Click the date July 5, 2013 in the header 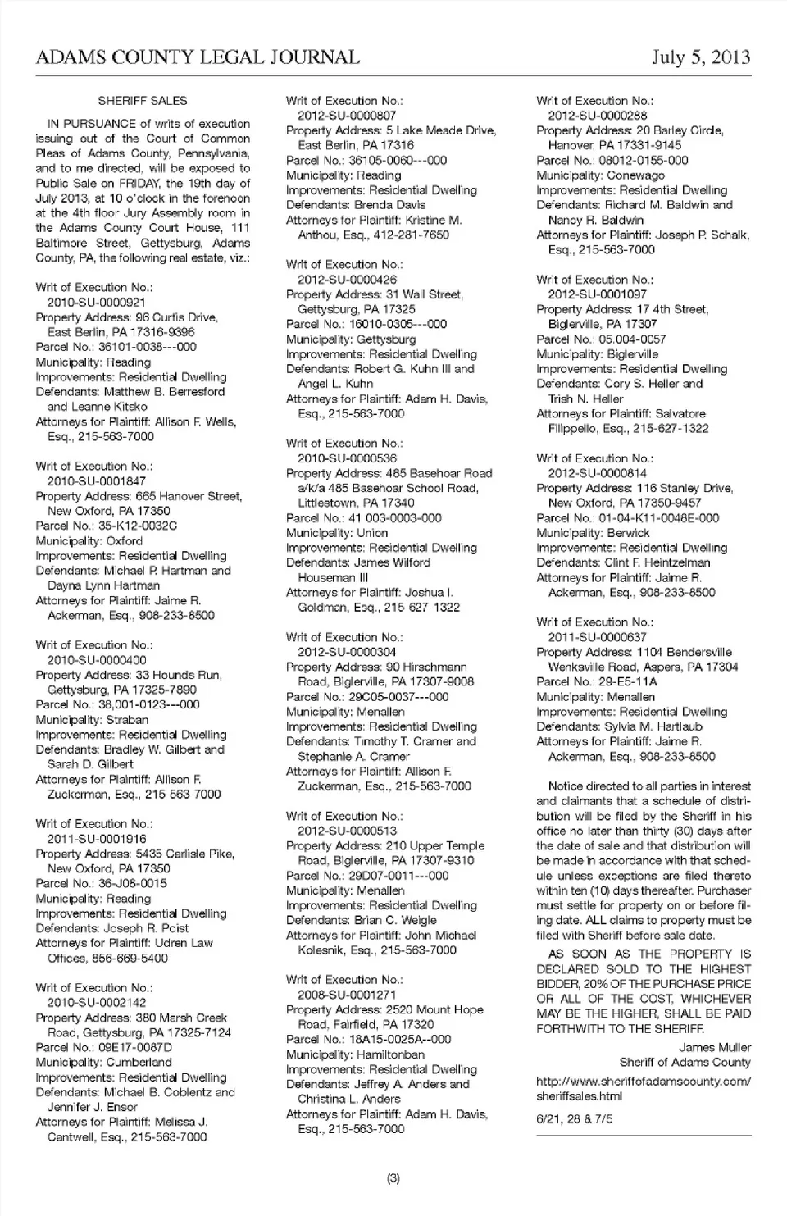pos(701,57)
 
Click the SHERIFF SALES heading pos(143,101)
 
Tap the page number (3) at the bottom pos(393,1178)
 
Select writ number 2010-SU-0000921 pos(96,303)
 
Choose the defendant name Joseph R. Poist pos(146,928)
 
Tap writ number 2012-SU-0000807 pos(347,116)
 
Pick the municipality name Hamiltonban pos(390,1054)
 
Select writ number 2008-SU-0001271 pos(347,995)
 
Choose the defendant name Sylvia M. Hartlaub pos(653,726)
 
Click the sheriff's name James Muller pos(714,1047)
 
